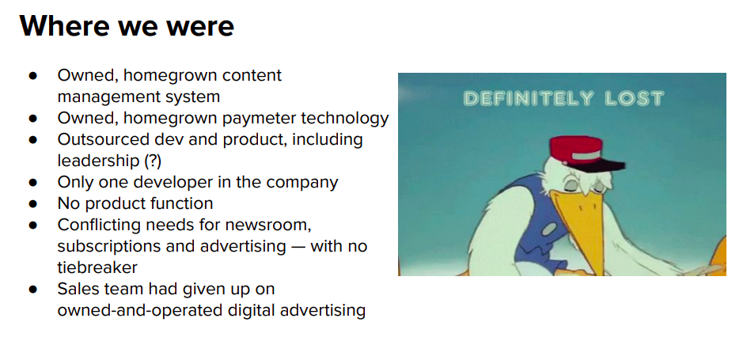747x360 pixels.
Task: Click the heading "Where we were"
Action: [x=127, y=26]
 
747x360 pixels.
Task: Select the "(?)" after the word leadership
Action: [x=153, y=161]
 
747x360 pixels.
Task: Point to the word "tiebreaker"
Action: [x=97, y=267]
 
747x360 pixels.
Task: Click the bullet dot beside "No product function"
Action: [x=33, y=204]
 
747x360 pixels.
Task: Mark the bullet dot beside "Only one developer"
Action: [x=33, y=183]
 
